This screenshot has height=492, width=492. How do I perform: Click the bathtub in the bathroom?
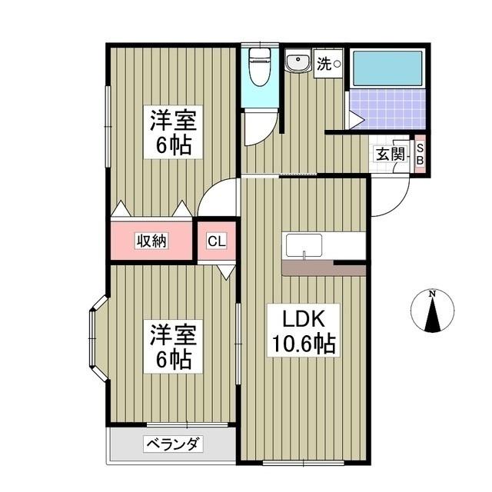click(387, 70)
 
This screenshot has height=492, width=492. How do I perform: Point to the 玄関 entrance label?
click(390, 153)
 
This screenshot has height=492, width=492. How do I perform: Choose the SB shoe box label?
click(420, 155)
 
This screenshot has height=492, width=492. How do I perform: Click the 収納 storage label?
click(152, 241)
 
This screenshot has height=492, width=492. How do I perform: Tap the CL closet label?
click(217, 241)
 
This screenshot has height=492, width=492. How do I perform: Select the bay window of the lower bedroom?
click(97, 337)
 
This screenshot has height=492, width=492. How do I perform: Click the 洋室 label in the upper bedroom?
click(171, 121)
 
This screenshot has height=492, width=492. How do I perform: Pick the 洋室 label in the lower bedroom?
click(171, 335)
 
